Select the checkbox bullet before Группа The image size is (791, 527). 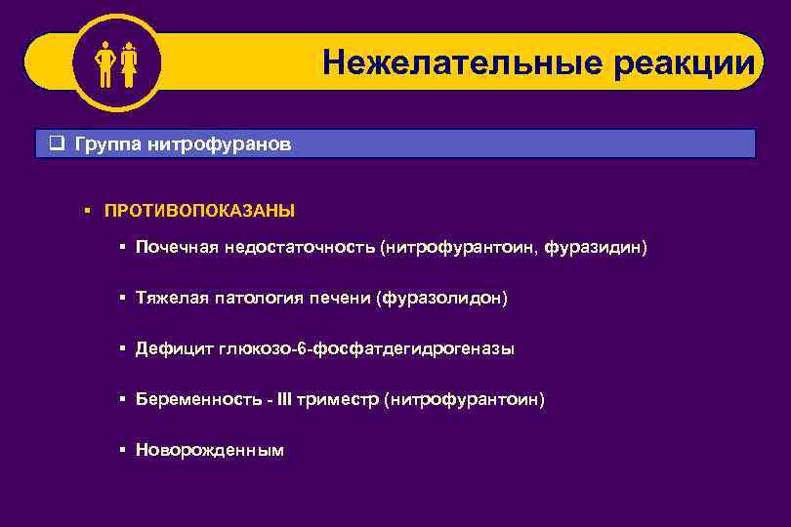(56, 144)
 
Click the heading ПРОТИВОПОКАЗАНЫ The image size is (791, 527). (199, 210)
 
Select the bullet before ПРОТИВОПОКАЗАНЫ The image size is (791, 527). (87, 210)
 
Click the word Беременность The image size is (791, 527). (195, 400)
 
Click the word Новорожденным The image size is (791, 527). (210, 451)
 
